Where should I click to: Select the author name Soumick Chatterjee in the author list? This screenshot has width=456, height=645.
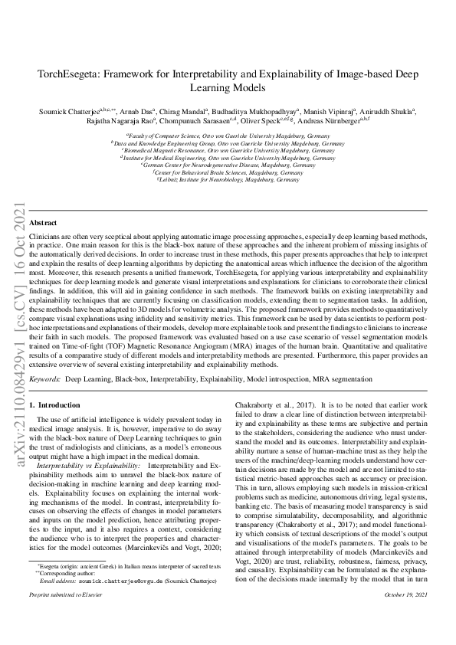point(69,111)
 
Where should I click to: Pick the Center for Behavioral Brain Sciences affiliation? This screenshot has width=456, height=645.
point(228,172)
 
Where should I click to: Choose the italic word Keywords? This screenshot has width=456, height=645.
point(44,379)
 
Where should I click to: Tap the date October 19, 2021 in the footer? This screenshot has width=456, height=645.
point(404,616)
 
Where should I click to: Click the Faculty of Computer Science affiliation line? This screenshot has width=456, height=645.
point(228,135)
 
